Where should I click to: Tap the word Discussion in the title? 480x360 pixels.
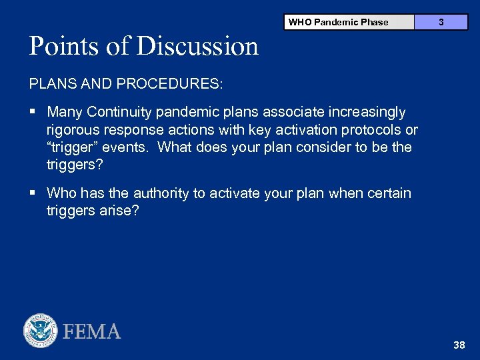click(x=197, y=46)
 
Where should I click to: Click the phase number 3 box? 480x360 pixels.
click(x=441, y=22)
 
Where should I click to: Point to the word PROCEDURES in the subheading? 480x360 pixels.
click(x=170, y=85)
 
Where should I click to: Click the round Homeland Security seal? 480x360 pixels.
click(x=41, y=331)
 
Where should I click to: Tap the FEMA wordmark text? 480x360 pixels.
click(x=92, y=331)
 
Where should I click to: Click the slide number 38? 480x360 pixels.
click(x=459, y=345)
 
